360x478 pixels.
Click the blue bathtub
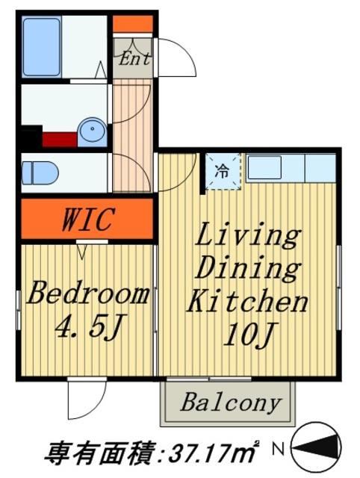point(42,46)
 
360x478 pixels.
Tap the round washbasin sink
point(93,132)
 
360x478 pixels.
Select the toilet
point(40,173)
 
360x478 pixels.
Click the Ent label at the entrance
point(134,58)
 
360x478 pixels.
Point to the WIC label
point(88,219)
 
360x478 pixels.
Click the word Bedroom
point(88,294)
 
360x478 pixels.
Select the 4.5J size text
point(89,327)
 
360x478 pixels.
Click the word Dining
point(247,268)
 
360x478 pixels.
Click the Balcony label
point(231,403)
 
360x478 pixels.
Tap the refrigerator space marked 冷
point(223,172)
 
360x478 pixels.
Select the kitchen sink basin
point(264,167)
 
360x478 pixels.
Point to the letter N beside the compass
point(278,449)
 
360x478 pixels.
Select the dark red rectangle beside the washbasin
point(60,140)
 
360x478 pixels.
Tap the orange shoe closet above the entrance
point(133,24)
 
